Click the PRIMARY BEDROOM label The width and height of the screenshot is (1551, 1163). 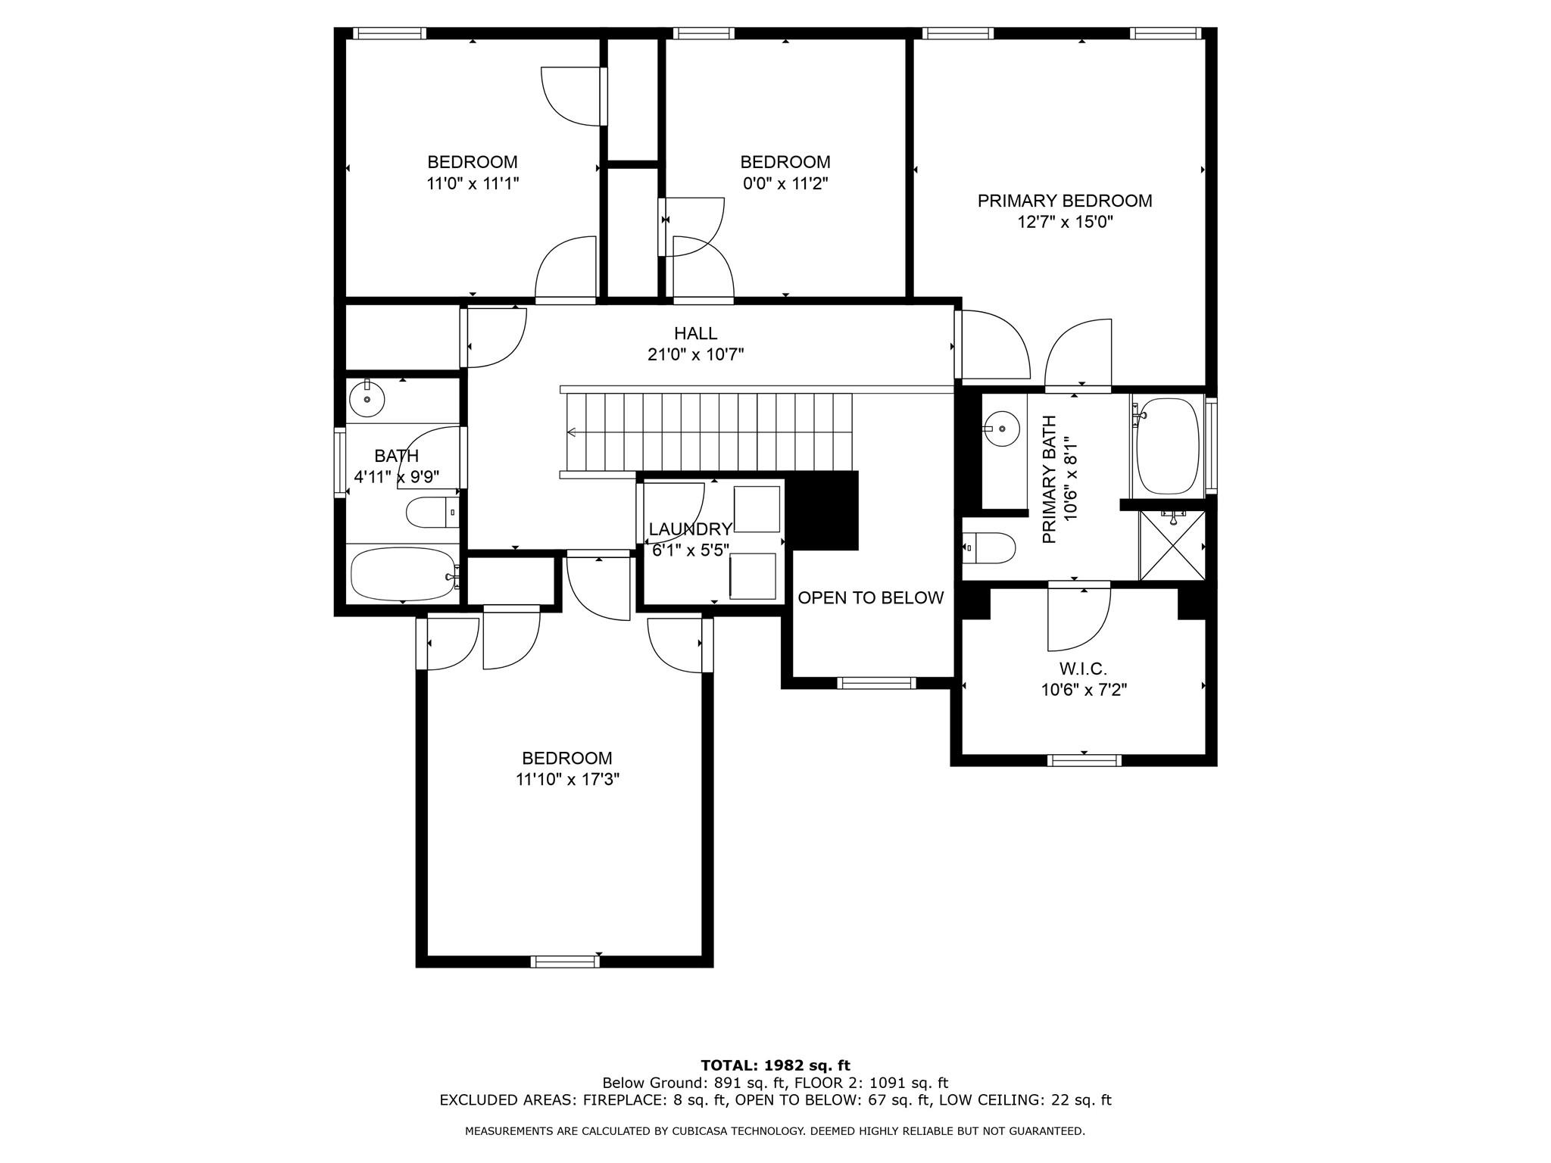1064,201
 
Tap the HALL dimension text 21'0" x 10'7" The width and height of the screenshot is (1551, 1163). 695,354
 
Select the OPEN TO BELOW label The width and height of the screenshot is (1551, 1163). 870,597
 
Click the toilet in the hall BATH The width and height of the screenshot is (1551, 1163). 431,513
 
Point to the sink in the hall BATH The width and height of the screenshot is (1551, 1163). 367,398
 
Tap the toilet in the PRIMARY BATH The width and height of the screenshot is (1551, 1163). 991,547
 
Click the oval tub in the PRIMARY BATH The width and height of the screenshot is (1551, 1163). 1168,447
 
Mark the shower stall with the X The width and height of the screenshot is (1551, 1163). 1172,546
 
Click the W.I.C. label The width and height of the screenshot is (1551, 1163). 1083,669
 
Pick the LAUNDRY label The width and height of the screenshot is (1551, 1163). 690,529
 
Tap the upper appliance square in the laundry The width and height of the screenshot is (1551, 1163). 757,510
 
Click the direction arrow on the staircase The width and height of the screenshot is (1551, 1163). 572,432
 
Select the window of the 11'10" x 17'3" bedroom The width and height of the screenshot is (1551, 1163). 565,962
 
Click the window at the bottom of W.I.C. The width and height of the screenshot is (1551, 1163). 1084,760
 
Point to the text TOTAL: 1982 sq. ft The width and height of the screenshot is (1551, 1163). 775,1066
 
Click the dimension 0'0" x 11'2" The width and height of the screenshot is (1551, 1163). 785,183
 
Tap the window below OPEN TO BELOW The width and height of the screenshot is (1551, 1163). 876,683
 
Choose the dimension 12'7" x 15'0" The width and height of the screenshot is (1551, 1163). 1065,222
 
